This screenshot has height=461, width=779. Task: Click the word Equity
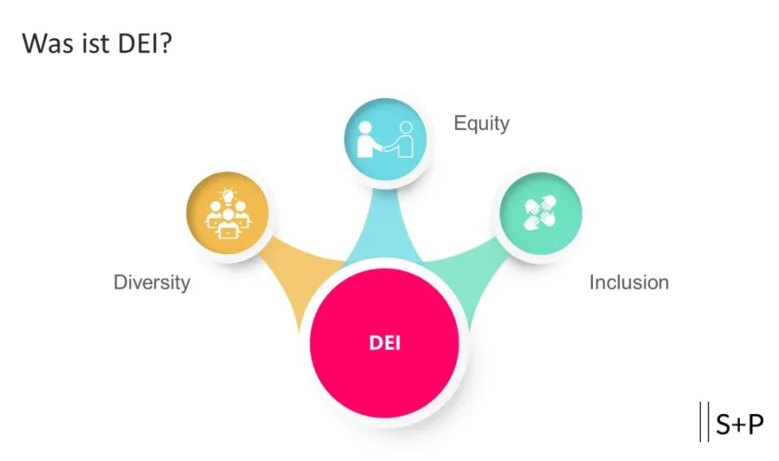(x=481, y=123)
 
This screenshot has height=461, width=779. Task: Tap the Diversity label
(x=151, y=282)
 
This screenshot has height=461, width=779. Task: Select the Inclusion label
(x=628, y=282)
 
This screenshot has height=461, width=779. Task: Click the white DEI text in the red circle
(x=384, y=342)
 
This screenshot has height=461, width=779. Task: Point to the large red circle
(x=384, y=364)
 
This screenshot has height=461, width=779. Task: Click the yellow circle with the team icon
(x=228, y=213)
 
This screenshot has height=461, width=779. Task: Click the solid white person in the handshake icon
(x=367, y=140)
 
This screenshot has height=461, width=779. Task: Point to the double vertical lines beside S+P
(x=704, y=423)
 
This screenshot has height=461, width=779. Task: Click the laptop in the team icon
(x=228, y=230)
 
